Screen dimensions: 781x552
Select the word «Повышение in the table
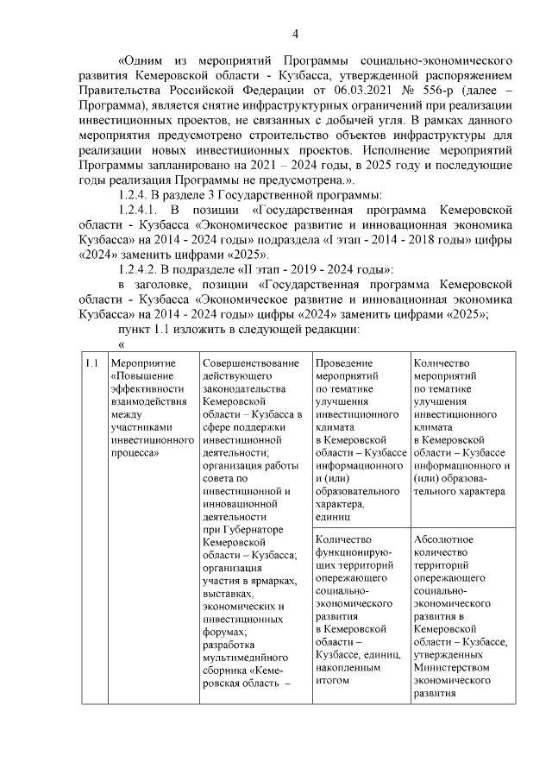click(x=142, y=376)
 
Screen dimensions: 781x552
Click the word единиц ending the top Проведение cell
click(x=334, y=517)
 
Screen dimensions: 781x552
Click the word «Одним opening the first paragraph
click(x=141, y=62)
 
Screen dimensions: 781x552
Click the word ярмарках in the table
click(x=268, y=580)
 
